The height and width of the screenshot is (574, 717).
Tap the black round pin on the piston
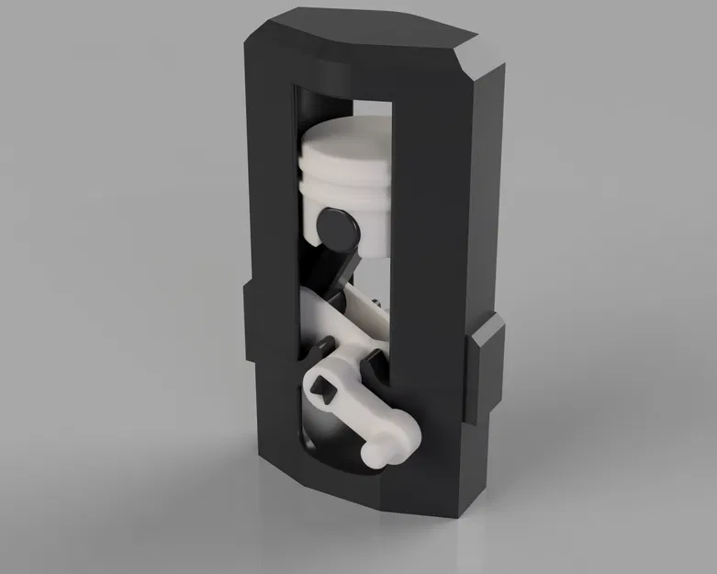point(334,222)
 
